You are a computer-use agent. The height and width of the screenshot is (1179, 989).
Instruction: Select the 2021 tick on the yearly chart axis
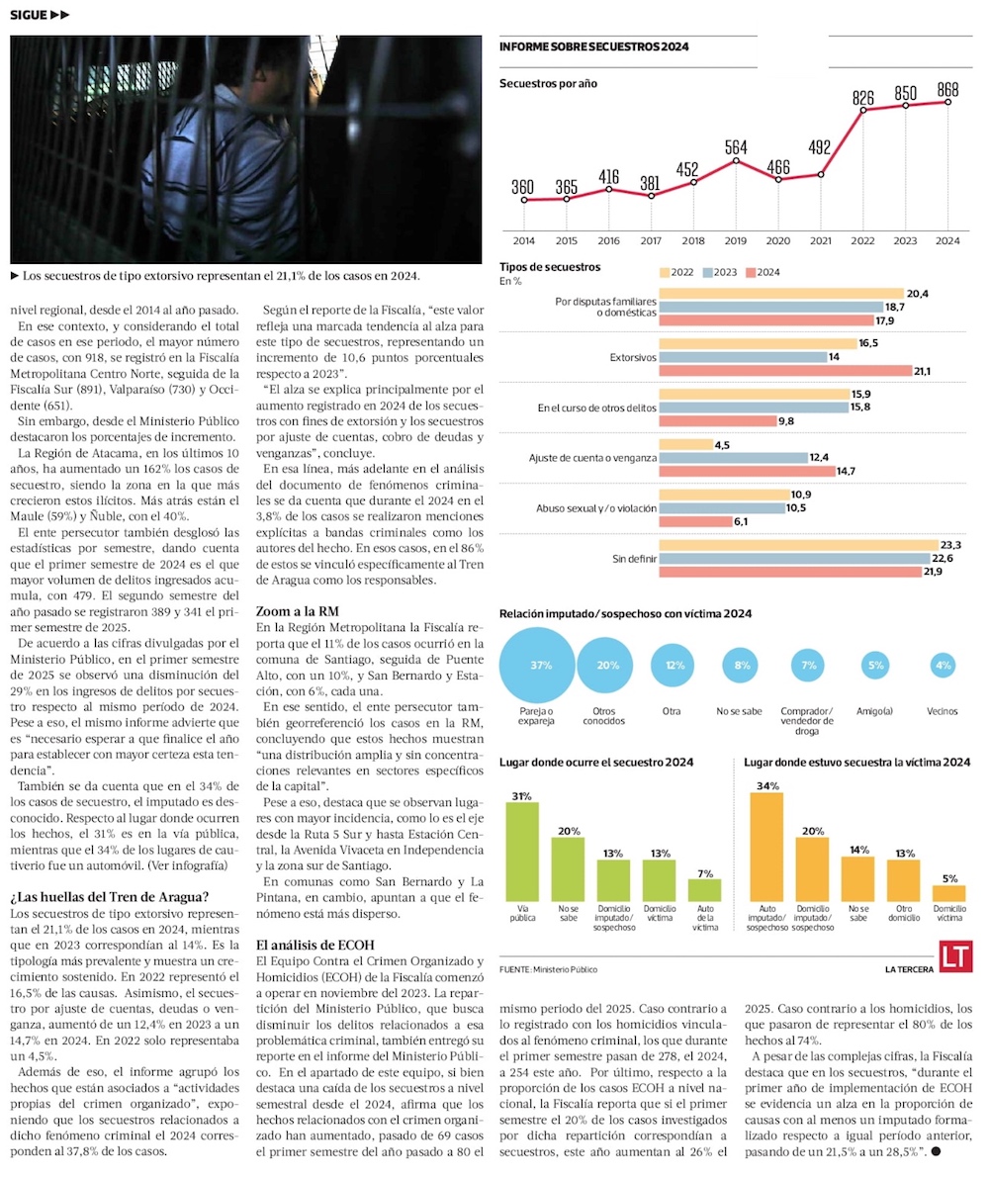pyautogui.click(x=820, y=240)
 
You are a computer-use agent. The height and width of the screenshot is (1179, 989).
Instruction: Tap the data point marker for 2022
pyautogui.click(x=863, y=111)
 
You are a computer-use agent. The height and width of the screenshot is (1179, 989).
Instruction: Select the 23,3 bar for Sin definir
pyautogui.click(x=797, y=545)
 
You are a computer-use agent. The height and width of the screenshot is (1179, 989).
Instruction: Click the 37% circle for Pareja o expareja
pyautogui.click(x=541, y=666)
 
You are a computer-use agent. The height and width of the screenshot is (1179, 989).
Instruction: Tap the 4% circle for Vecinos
pyautogui.click(x=943, y=666)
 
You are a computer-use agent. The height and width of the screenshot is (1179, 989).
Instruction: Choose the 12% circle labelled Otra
pyautogui.click(x=675, y=666)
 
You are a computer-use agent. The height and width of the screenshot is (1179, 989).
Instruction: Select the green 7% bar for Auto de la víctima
pyautogui.click(x=704, y=889)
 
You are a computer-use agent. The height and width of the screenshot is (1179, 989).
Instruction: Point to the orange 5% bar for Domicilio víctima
pyautogui.click(x=948, y=892)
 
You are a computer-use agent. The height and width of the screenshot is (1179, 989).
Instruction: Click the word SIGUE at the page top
pyautogui.click(x=30, y=15)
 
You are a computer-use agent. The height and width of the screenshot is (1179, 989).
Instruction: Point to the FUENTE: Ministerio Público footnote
pyautogui.click(x=549, y=969)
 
